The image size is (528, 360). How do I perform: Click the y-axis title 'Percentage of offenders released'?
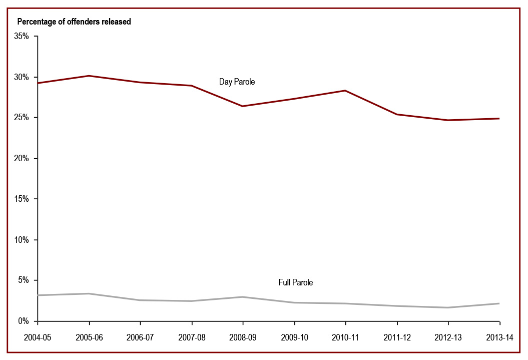click(x=74, y=22)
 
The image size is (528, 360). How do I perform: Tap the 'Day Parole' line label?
click(x=237, y=82)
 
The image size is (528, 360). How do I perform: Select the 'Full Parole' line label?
click(x=295, y=282)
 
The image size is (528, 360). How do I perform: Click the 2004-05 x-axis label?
click(x=38, y=337)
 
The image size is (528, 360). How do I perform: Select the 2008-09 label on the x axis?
click(x=243, y=337)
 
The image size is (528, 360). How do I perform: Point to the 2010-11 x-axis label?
click(x=345, y=337)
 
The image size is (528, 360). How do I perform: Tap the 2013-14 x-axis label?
click(x=500, y=337)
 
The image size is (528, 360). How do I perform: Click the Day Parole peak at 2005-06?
click(x=89, y=76)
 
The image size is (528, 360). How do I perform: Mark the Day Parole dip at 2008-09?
click(x=243, y=106)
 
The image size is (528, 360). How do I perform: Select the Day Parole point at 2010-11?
click(x=345, y=91)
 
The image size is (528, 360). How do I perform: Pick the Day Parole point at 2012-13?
click(x=448, y=120)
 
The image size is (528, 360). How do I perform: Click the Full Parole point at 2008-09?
click(x=243, y=297)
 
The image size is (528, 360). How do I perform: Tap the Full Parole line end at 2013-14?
click(x=499, y=303)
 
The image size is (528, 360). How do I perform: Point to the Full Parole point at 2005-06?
click(x=89, y=293)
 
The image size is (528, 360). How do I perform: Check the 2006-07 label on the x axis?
click(x=140, y=337)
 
